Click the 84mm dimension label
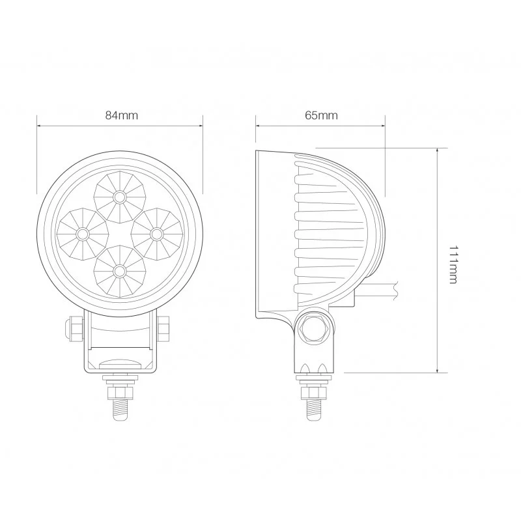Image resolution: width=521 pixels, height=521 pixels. pyautogui.click(x=121, y=115)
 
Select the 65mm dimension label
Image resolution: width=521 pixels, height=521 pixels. pyautogui.click(x=320, y=115)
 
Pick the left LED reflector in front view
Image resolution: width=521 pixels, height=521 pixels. pyautogui.click(x=82, y=232)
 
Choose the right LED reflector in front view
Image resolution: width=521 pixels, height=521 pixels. pyautogui.click(x=156, y=232)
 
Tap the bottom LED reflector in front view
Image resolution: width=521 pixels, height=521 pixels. pyautogui.click(x=119, y=269)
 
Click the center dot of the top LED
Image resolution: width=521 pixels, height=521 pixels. pyautogui.click(x=119, y=196)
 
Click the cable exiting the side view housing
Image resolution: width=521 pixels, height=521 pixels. pyautogui.click(x=378, y=292)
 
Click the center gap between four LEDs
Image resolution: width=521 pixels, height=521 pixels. pyautogui.click(x=119, y=232)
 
